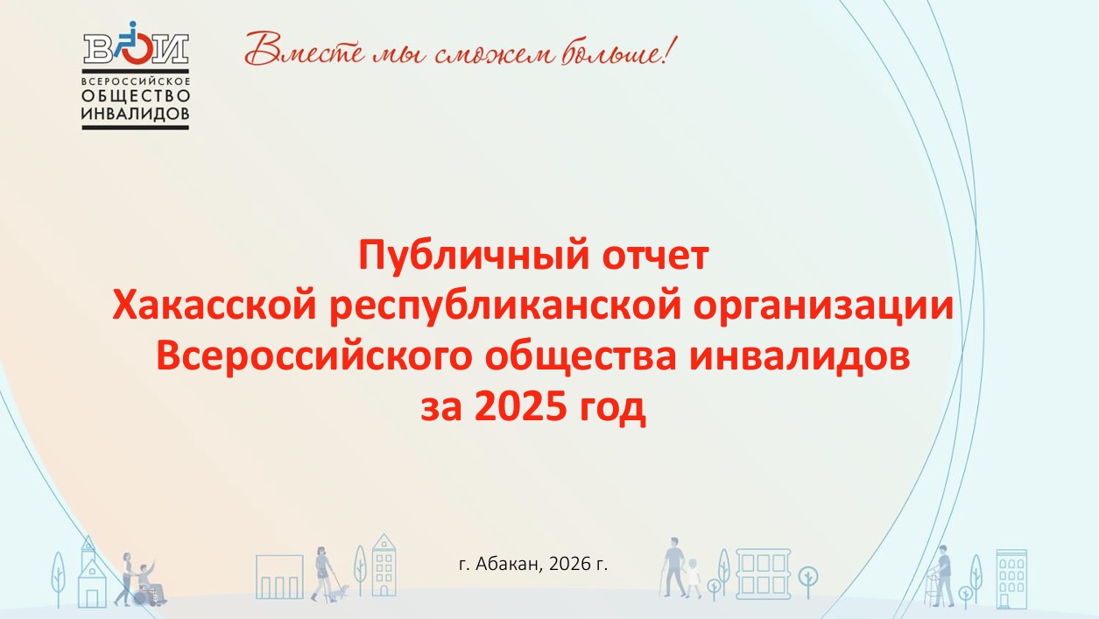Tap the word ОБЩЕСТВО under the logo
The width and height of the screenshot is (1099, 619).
click(136, 95)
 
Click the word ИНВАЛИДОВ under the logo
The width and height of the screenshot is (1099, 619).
click(136, 114)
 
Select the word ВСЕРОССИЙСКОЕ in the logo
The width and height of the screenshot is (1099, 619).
click(136, 80)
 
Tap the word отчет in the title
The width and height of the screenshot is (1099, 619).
click(656, 256)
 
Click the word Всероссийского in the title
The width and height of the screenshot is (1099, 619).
click(314, 357)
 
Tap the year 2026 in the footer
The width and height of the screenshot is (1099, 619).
click(569, 564)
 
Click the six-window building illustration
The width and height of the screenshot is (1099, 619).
click(764, 573)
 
